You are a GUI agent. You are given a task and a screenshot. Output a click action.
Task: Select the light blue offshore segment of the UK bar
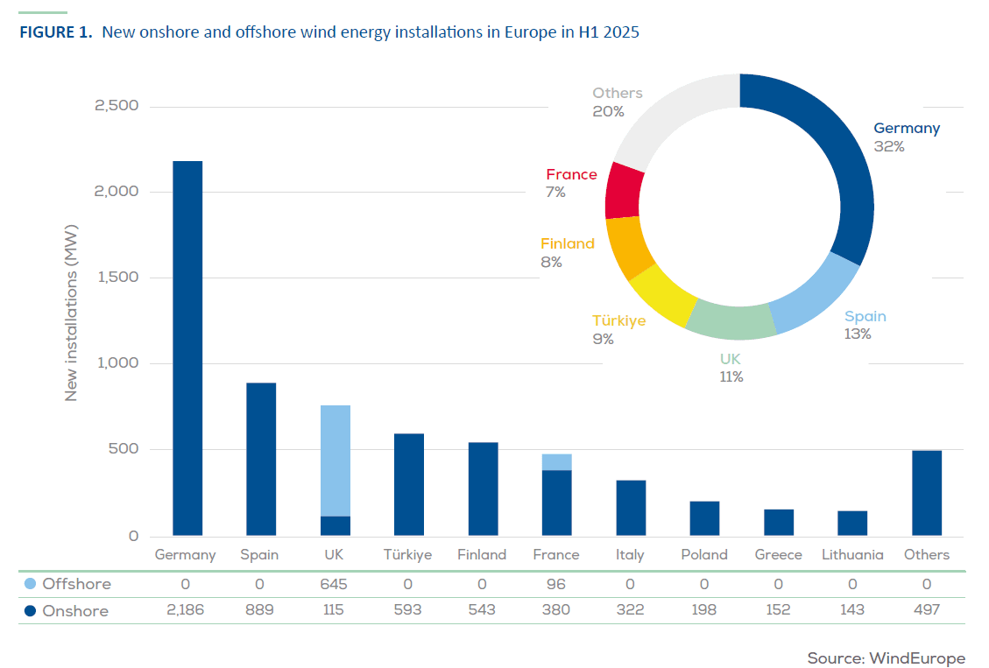pyautogui.click(x=336, y=461)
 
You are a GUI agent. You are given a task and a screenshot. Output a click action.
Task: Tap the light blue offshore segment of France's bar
pyautogui.click(x=557, y=462)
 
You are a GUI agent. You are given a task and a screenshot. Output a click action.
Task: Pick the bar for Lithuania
pyautogui.click(x=852, y=523)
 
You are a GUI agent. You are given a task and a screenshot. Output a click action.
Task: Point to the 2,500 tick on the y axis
pyautogui.click(x=117, y=107)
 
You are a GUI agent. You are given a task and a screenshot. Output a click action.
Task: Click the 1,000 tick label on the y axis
pyautogui.click(x=117, y=363)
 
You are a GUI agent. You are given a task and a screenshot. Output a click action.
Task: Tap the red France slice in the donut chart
pyautogui.click(x=624, y=190)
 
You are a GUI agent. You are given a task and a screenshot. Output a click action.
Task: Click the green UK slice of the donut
pyautogui.click(x=729, y=319)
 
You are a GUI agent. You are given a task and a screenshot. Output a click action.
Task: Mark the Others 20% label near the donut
pyautogui.click(x=616, y=102)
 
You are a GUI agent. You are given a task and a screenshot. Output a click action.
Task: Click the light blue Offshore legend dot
pyautogui.click(x=31, y=584)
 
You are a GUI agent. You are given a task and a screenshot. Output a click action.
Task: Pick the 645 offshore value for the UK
pyautogui.click(x=335, y=584)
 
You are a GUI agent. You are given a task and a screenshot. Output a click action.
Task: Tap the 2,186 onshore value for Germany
pyautogui.click(x=185, y=610)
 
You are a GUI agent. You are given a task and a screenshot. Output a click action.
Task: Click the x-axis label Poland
pyautogui.click(x=704, y=555)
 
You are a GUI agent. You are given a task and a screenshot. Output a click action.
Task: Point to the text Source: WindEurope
pyautogui.click(x=886, y=658)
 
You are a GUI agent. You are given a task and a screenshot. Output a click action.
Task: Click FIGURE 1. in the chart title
pyautogui.click(x=54, y=33)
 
